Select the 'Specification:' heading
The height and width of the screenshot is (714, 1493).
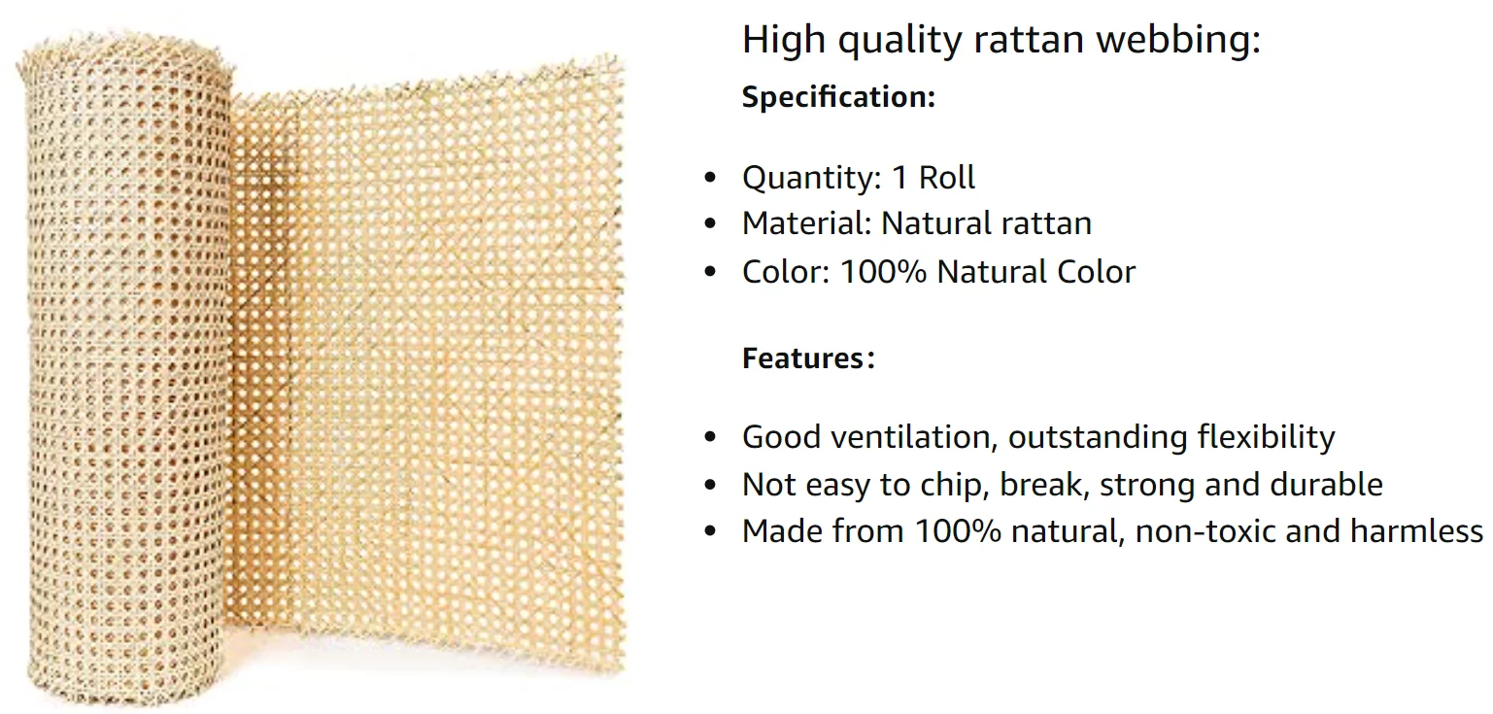838,97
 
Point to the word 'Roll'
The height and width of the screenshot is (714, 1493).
947,178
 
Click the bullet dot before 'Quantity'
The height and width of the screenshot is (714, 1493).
710,179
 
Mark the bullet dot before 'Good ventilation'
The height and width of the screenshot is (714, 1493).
710,438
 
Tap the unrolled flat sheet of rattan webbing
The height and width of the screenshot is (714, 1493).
427,369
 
